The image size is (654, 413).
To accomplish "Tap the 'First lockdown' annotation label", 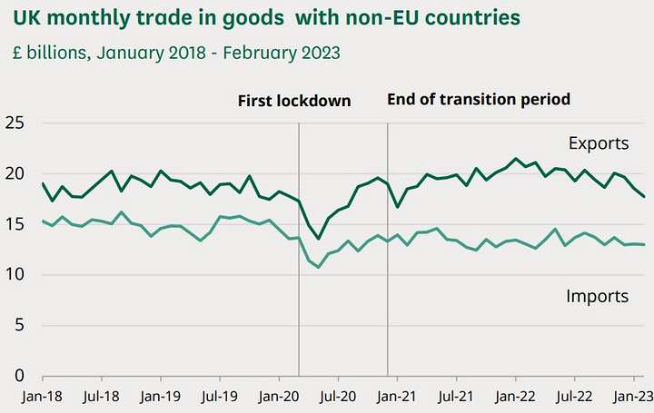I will tap(294, 101).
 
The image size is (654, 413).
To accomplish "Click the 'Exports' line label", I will tap(598, 143).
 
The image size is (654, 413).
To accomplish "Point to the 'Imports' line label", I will tap(598, 296).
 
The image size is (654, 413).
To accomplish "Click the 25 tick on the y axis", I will tap(15, 123).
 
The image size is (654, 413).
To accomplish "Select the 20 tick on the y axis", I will tap(15, 174).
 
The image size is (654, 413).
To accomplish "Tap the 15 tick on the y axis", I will tap(15, 224).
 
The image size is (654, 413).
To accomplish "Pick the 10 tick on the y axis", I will tap(15, 275).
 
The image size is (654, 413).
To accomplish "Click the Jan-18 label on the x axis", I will tap(43, 397).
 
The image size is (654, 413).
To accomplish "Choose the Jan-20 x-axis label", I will tap(280, 397).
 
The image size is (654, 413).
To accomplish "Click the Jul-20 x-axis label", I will tap(339, 397).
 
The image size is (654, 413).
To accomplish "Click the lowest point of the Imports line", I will tap(319, 267).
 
